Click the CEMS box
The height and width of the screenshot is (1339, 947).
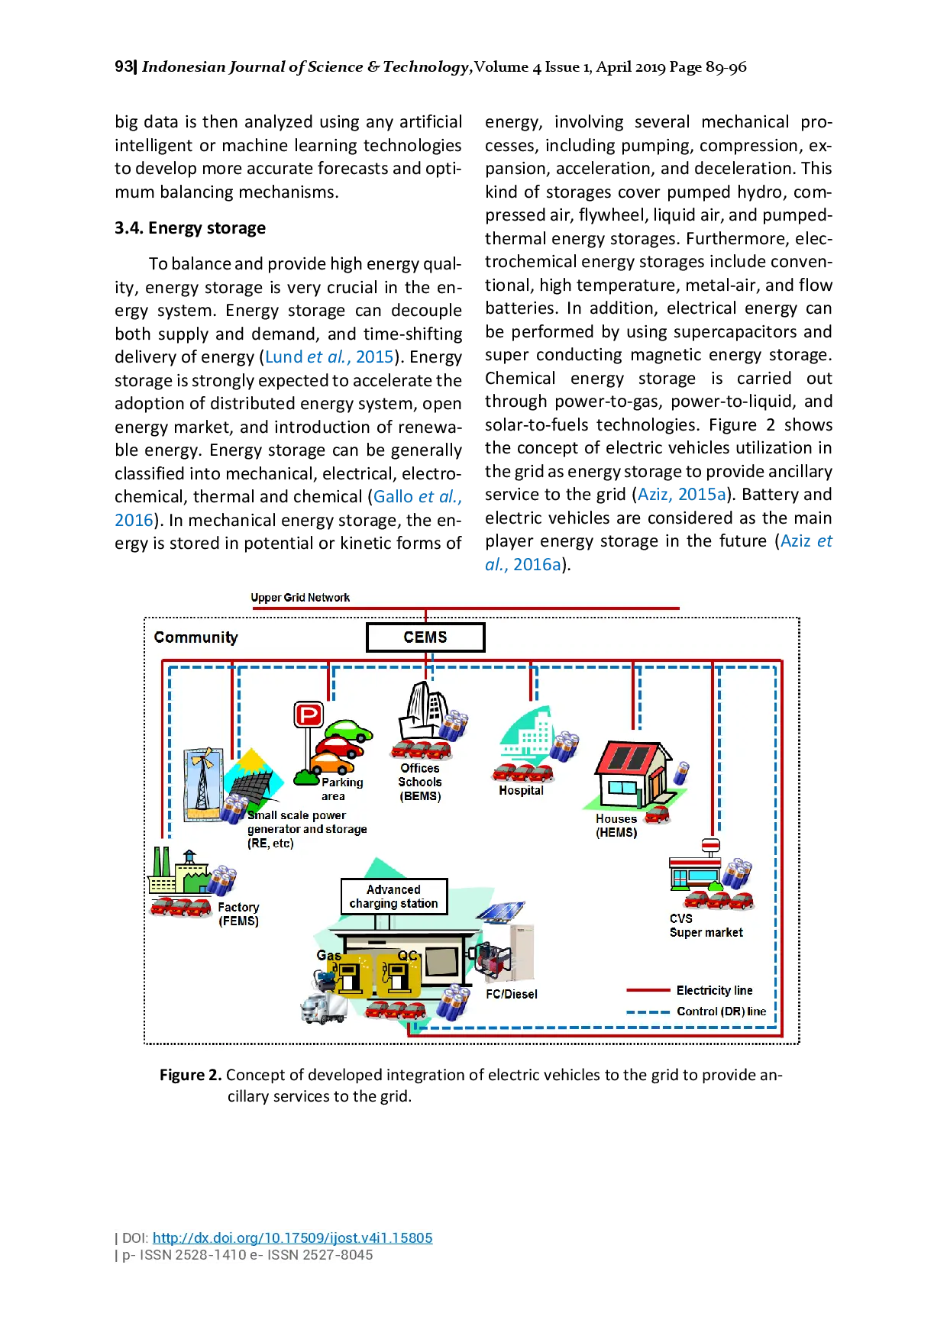425,637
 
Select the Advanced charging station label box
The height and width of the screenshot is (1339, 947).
393,896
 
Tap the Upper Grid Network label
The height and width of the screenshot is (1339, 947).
300,598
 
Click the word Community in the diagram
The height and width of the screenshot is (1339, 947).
196,637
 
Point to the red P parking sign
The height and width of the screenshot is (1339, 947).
309,715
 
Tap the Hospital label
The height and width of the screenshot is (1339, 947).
521,791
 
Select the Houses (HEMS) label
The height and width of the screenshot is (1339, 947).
616,825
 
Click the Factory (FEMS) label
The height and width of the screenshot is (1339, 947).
238,914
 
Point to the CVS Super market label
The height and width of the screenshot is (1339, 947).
706,925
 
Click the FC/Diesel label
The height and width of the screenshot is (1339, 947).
512,994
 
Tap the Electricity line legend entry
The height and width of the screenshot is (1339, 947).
714,990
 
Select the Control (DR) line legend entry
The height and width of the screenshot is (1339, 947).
721,1012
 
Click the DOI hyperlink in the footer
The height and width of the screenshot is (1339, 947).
293,1238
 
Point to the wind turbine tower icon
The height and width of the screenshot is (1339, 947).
203,782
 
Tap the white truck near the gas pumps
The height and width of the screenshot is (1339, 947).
323,1008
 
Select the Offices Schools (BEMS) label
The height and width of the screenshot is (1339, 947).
420,782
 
